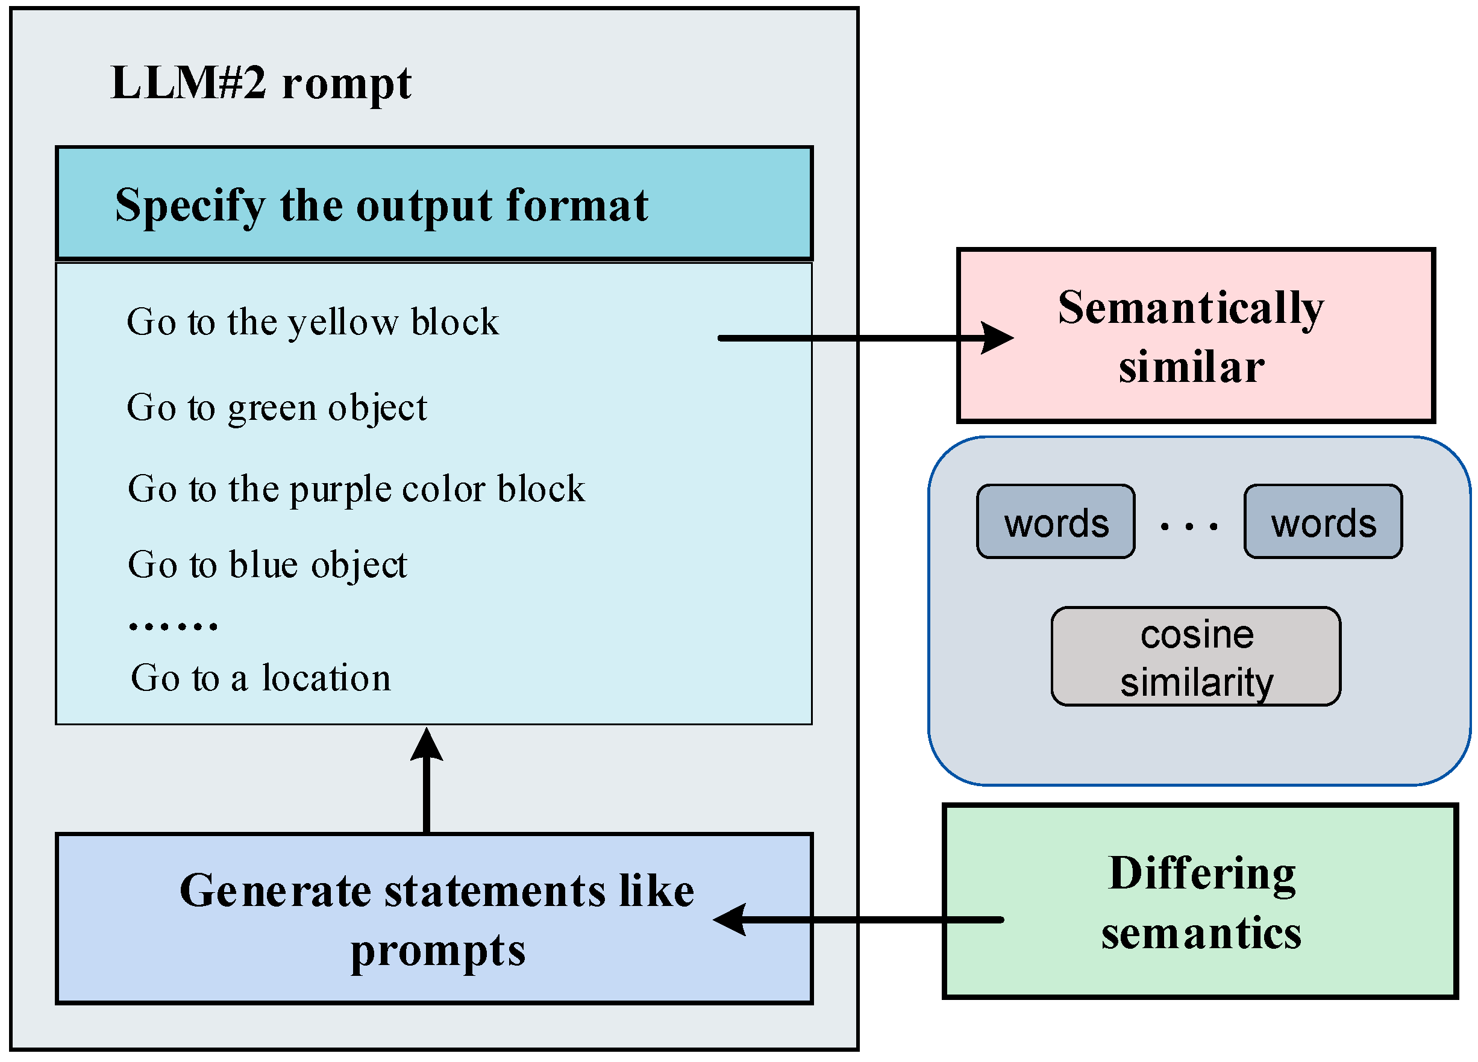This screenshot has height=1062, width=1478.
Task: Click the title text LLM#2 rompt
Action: (x=261, y=83)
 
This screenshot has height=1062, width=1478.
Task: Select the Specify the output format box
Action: (x=434, y=203)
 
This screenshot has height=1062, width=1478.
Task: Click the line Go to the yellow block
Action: (x=312, y=322)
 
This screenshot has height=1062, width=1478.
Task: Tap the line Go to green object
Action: (x=277, y=408)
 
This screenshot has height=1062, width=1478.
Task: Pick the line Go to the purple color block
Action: (x=356, y=489)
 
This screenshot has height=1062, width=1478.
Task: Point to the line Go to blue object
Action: (x=267, y=564)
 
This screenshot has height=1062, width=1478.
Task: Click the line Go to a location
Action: (x=261, y=678)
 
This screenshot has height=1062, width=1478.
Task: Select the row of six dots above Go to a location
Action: (x=173, y=626)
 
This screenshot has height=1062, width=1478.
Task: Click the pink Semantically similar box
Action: (x=1195, y=336)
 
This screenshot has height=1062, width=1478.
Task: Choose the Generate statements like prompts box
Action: (x=434, y=919)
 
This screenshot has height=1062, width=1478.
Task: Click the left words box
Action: (x=1056, y=522)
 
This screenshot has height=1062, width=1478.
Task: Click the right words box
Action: (x=1323, y=522)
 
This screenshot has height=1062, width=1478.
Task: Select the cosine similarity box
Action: (x=1196, y=657)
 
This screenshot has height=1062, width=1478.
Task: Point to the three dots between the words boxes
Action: (x=1189, y=526)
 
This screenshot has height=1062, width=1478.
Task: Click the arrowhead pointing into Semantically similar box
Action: (x=997, y=338)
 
